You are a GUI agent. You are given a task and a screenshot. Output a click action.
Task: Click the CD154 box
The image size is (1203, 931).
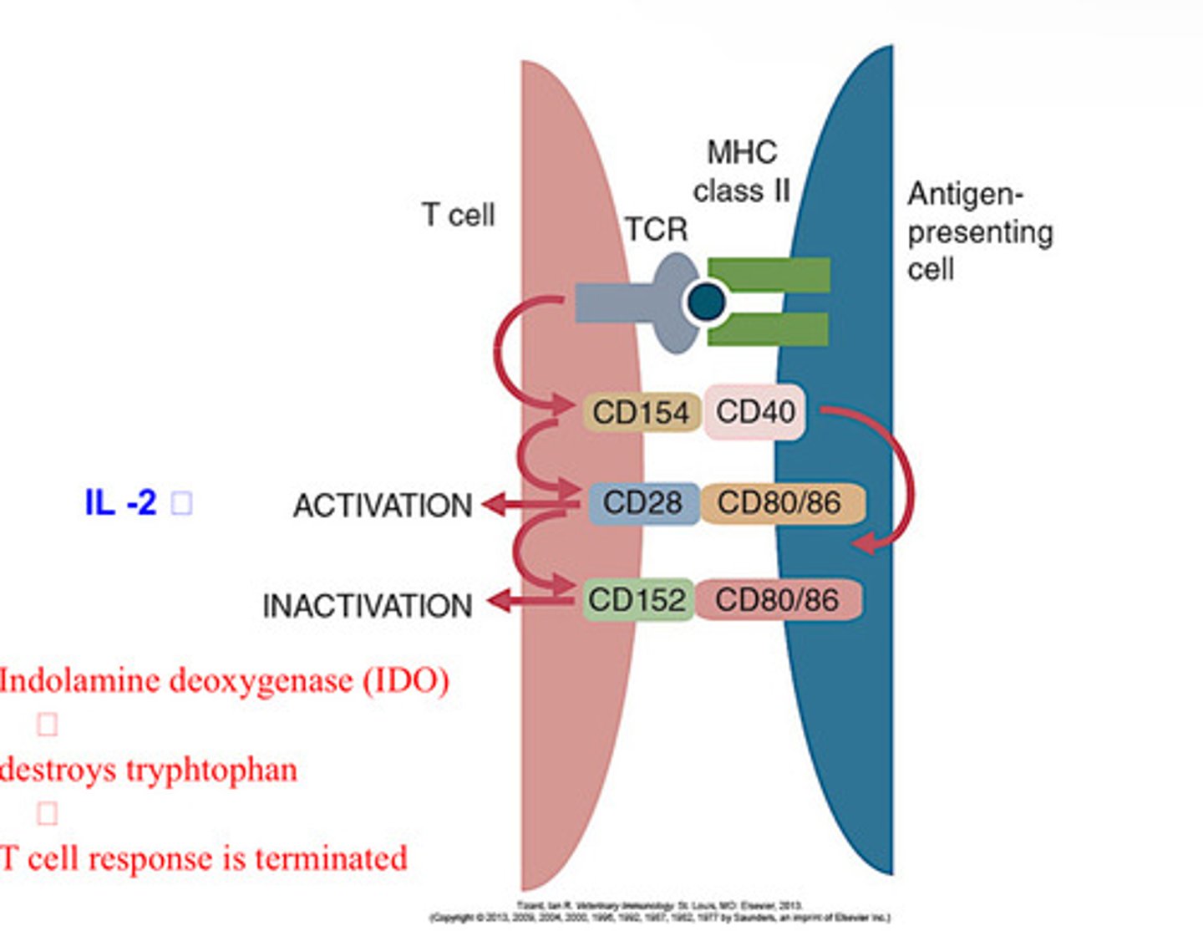(x=641, y=412)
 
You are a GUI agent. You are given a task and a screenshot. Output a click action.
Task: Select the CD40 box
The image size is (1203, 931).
(x=755, y=411)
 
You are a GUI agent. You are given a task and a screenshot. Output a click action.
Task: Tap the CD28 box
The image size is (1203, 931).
(x=642, y=503)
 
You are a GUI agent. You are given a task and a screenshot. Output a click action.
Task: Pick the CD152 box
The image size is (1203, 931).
(x=637, y=599)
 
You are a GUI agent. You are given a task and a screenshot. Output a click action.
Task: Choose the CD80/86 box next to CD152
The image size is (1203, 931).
(x=777, y=599)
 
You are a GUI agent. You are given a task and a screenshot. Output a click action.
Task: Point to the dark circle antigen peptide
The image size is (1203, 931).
(x=707, y=301)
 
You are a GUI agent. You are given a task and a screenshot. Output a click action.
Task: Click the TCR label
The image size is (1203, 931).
(x=656, y=229)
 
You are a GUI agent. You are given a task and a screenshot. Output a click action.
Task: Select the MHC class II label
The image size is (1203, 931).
(x=741, y=172)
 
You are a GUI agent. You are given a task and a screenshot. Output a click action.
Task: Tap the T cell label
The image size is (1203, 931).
(x=458, y=215)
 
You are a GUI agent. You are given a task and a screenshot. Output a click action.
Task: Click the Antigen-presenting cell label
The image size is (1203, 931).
(x=979, y=231)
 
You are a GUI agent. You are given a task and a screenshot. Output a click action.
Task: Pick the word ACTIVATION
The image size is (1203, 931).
(x=383, y=506)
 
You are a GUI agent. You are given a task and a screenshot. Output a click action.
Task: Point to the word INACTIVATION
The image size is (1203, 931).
(x=368, y=606)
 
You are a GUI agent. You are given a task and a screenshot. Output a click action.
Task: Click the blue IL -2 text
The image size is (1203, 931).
(x=120, y=503)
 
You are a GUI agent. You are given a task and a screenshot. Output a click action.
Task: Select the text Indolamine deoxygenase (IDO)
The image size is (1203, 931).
(x=224, y=680)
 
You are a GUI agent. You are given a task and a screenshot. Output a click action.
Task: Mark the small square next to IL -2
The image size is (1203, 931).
(x=181, y=504)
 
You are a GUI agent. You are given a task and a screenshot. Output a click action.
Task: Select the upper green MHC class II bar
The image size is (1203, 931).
(x=769, y=275)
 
